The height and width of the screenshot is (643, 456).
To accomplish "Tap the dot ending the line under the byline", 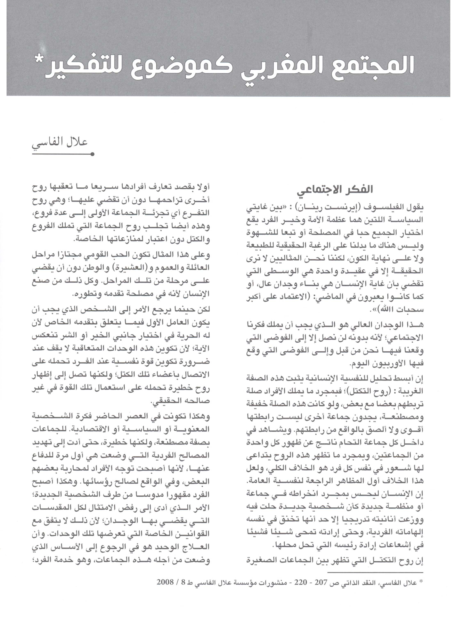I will pyautogui.click(x=93, y=154).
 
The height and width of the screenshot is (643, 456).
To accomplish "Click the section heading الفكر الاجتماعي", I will pyautogui.click(x=335, y=190).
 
